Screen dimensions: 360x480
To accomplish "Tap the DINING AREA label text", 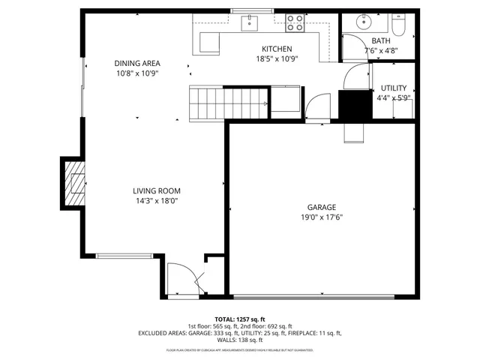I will [x=137, y=64].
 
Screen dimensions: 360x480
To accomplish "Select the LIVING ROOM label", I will [x=156, y=190].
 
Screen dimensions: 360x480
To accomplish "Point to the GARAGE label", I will [x=321, y=208].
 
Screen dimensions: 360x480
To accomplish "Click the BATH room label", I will [x=381, y=41].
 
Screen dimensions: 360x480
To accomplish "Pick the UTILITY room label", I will [x=394, y=88].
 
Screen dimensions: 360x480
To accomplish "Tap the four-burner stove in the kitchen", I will [x=295, y=22].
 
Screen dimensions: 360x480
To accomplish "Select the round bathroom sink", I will [x=364, y=21].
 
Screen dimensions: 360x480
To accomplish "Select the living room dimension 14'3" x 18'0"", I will [x=156, y=200].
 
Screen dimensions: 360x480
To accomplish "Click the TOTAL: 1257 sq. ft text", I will [x=240, y=319].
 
